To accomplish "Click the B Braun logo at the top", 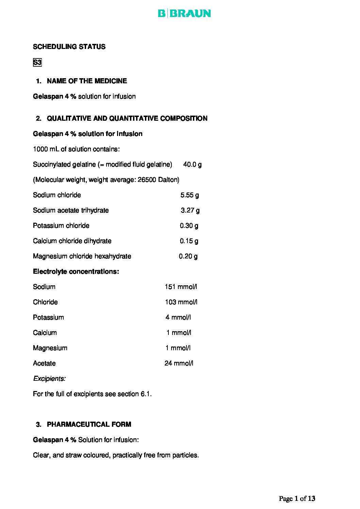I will pyautogui.click(x=184, y=14).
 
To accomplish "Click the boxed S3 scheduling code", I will pyautogui.click(x=37, y=63).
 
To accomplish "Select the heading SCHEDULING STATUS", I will pyautogui.click(x=69, y=47).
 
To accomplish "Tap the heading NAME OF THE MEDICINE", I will pyautogui.click(x=87, y=81).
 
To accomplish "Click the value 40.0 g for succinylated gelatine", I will pyautogui.click(x=192, y=165).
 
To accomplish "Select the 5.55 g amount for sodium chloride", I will pyautogui.click(x=190, y=195).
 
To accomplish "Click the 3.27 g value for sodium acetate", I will pyautogui.click(x=190, y=210).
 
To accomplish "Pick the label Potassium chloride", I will pyautogui.click(x=61, y=226).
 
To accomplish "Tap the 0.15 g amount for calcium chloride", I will pyautogui.click(x=189, y=241).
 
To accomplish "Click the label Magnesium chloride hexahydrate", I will pyautogui.click(x=82, y=256).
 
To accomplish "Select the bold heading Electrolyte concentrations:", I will pyautogui.click(x=76, y=272).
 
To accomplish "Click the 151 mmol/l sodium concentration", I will pyautogui.click(x=181, y=287).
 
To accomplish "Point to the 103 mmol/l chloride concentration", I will pyautogui.click(x=181, y=302).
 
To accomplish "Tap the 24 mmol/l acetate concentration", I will pyautogui.click(x=179, y=363).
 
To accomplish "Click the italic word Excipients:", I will pyautogui.click(x=49, y=379).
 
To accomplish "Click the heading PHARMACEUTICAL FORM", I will pyautogui.click(x=89, y=424).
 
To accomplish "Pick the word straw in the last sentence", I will pyautogui.click(x=73, y=455).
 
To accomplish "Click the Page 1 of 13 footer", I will pyautogui.click(x=297, y=499).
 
